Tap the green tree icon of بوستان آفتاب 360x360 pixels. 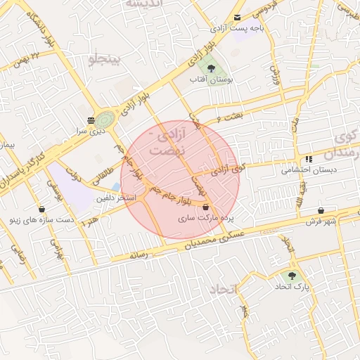[x=211, y=68]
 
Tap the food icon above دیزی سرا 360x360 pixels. [x=91, y=120]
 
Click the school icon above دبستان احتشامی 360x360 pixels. [x=309, y=159]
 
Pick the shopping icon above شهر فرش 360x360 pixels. [x=321, y=210]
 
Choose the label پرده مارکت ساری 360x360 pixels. [x=205, y=219]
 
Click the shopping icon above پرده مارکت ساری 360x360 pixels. [x=205, y=207]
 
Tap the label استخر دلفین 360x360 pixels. [x=117, y=199]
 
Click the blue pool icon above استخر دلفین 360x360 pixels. [x=116, y=187]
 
